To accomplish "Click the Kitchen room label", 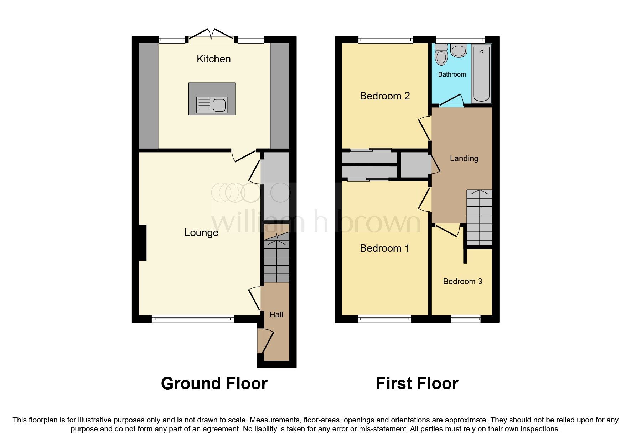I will [x=213, y=59].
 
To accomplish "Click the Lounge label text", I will [x=201, y=233].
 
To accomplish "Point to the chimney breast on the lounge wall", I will [x=143, y=242].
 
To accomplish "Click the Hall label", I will [x=276, y=314].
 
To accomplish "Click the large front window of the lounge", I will [x=193, y=319].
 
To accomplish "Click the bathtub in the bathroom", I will [x=481, y=74].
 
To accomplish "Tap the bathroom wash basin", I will [x=459, y=51].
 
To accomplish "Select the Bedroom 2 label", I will [x=385, y=96].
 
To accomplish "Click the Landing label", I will [x=464, y=159].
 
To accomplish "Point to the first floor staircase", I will [x=480, y=217].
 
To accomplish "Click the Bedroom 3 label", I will [x=462, y=282].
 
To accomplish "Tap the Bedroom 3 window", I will [x=466, y=319].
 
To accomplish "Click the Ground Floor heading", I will [x=214, y=384].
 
